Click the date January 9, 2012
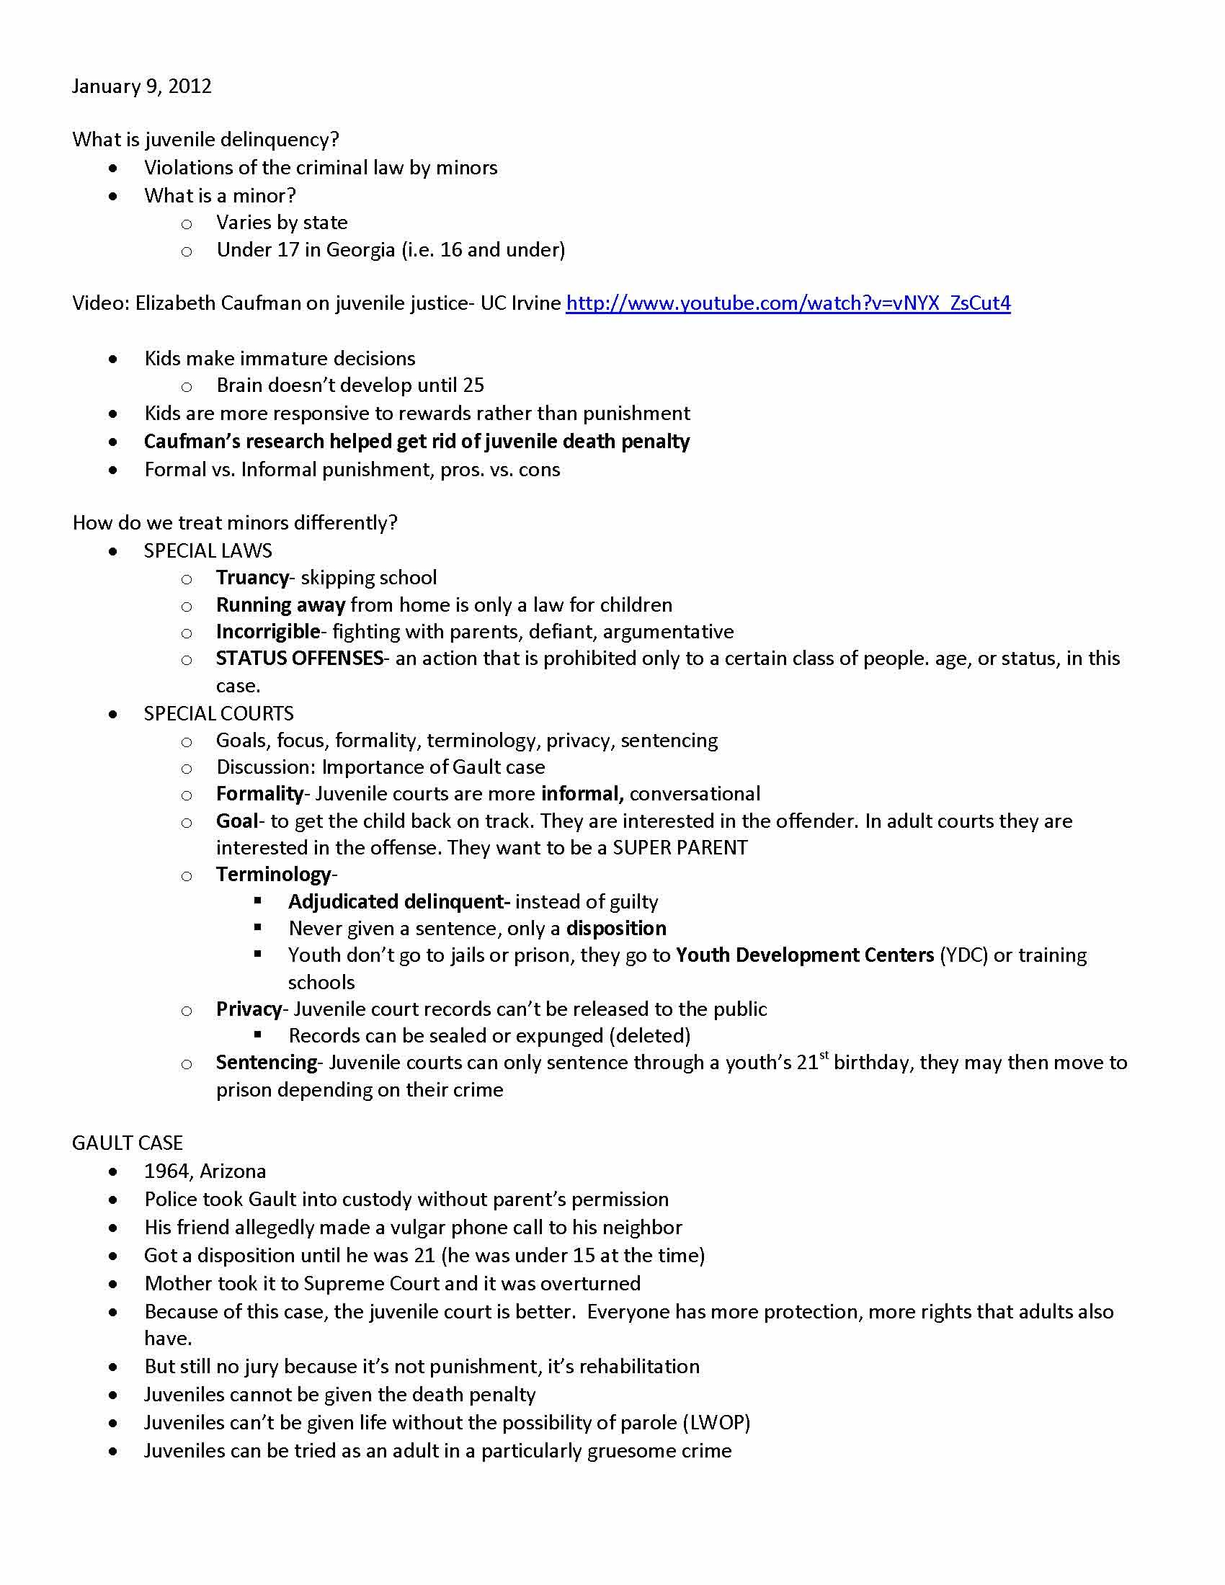coord(141,86)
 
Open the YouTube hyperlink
coord(788,303)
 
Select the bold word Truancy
coord(251,578)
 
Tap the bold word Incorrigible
coord(267,631)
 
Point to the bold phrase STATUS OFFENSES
coord(299,658)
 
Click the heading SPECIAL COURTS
coord(218,713)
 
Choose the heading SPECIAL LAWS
coord(208,551)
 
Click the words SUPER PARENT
coord(680,848)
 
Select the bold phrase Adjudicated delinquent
coord(396,901)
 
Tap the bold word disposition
coord(616,928)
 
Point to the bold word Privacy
coord(248,1009)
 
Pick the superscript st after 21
coord(824,1056)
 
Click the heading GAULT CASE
coord(127,1143)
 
